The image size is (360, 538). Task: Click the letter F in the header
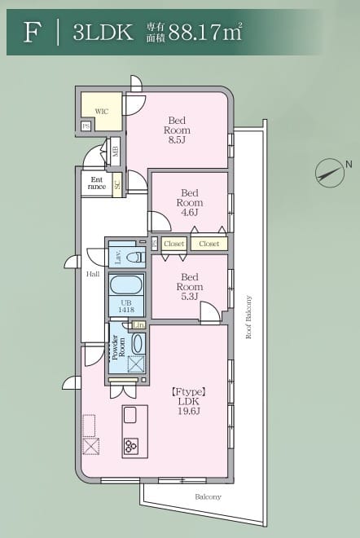[33, 32]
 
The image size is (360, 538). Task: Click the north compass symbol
[330, 171]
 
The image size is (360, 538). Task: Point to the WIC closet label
[102, 111]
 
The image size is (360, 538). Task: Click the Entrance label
[97, 183]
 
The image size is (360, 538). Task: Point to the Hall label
[93, 274]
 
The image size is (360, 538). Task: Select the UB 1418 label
[126, 306]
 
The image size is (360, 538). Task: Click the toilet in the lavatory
[135, 257]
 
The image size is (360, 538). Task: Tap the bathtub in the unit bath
[126, 286]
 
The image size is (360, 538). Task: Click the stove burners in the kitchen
[131, 446]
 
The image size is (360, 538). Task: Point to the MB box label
[116, 150]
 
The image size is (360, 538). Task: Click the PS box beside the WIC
[86, 126]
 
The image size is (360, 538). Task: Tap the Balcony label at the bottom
[208, 496]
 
